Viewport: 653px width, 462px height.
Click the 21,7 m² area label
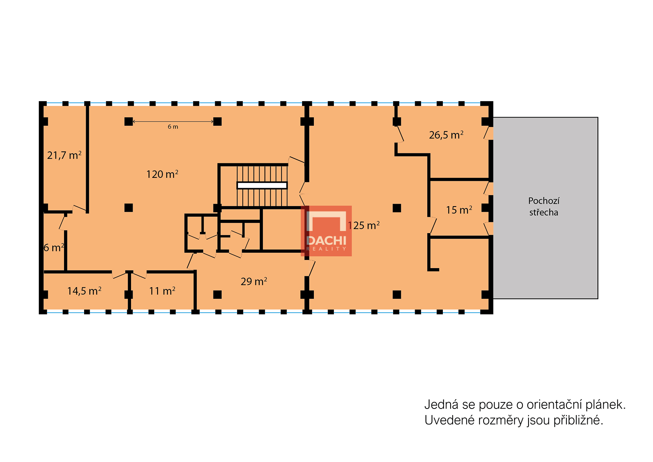tap(64, 155)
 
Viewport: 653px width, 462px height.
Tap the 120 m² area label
tap(162, 174)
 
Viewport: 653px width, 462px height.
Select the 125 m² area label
tap(364, 225)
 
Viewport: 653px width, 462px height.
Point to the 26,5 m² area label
tap(446, 135)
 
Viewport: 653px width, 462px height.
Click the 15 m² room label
tap(459, 210)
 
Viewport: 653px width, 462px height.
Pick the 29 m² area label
tap(254, 281)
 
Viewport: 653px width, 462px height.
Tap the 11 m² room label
tap(162, 291)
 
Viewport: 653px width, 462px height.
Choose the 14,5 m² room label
tap(84, 291)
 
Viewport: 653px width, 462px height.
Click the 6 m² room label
tap(54, 247)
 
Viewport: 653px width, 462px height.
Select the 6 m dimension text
tap(173, 127)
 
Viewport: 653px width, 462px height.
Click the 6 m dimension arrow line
tap(173, 122)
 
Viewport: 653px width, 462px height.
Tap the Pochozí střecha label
tap(544, 207)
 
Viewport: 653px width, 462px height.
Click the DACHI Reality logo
tap(326, 231)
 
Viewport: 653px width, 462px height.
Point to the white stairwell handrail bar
tap(262, 185)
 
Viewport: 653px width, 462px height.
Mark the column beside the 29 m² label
tap(218, 294)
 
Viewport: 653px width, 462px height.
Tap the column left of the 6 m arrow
tap(129, 121)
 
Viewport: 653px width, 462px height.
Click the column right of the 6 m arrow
tap(218, 121)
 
